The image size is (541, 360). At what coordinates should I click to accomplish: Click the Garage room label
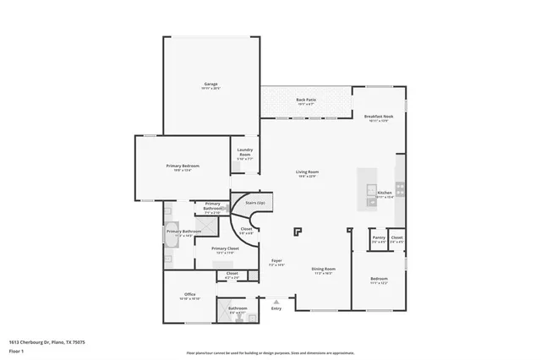coord(211,85)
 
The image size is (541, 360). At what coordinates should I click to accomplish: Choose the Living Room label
coord(306,173)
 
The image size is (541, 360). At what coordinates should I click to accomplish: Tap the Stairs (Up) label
coord(254,203)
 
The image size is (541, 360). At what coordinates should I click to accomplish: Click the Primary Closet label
coord(226,249)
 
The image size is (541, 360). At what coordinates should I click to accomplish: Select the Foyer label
coord(276,262)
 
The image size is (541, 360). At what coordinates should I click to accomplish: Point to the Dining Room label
coord(324,270)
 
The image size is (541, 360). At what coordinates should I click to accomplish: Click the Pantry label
coord(378,239)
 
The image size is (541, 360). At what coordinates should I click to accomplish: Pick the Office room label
coord(189,296)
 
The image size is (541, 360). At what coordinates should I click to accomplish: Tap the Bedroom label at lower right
coord(379,280)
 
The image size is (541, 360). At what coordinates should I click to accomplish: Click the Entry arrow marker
coord(276,301)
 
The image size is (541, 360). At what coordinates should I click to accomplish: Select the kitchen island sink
coord(370,200)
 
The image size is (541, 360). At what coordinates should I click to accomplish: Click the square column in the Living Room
coord(297,230)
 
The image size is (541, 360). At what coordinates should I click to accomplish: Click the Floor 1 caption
coord(17,350)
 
